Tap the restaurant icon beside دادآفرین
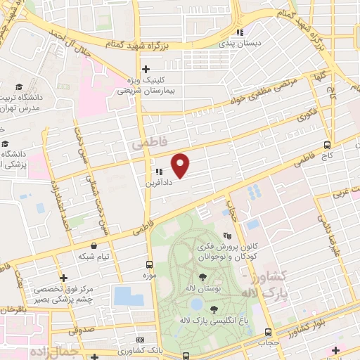[x=158, y=171]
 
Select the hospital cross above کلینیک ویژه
[x=146, y=69]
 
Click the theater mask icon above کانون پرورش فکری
[x=226, y=236]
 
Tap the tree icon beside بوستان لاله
[x=202, y=276]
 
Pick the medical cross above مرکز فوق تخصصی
[x=64, y=278]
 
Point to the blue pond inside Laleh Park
[x=196, y=304]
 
